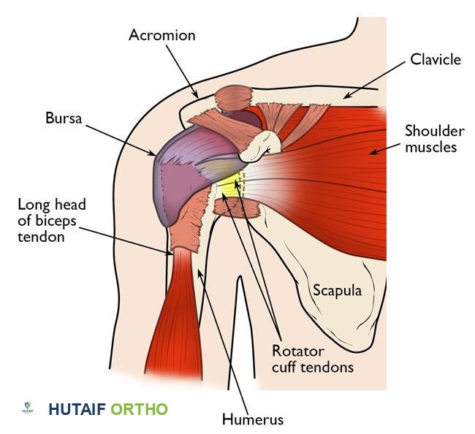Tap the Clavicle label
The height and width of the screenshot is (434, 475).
(x=435, y=58)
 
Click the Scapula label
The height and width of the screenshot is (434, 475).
(x=338, y=290)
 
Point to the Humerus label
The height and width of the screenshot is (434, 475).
(x=252, y=419)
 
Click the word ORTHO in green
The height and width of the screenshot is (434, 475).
(x=139, y=409)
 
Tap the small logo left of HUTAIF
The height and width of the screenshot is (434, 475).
(x=28, y=408)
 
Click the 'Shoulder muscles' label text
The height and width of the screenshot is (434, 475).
(x=435, y=139)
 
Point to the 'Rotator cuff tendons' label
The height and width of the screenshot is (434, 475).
(x=312, y=358)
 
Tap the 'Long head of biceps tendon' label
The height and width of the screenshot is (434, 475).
(x=49, y=219)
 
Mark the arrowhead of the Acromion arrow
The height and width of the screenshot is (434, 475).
(x=198, y=96)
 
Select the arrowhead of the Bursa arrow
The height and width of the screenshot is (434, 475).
(x=156, y=156)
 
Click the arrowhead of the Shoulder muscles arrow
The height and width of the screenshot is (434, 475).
(x=369, y=153)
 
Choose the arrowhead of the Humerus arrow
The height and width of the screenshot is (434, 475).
(x=199, y=269)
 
